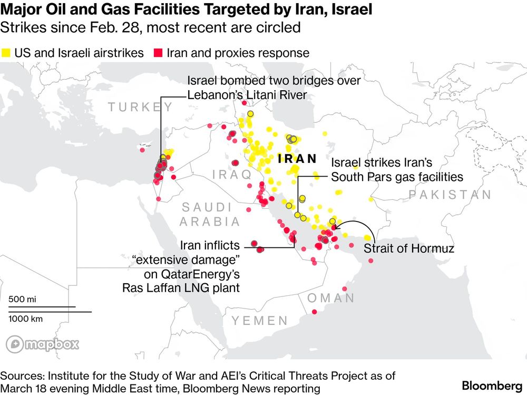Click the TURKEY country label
click(140, 108)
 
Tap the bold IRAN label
click(298, 159)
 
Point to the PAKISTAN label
click(450, 195)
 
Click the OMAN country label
click(331, 298)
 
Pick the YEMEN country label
click(260, 321)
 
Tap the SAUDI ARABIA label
click(207, 214)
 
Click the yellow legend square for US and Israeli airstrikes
click(7, 53)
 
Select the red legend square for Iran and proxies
click(158, 53)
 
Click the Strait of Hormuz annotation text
click(408, 248)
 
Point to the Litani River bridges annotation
click(274, 88)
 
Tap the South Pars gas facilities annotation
click(396, 170)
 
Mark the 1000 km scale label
click(26, 319)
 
